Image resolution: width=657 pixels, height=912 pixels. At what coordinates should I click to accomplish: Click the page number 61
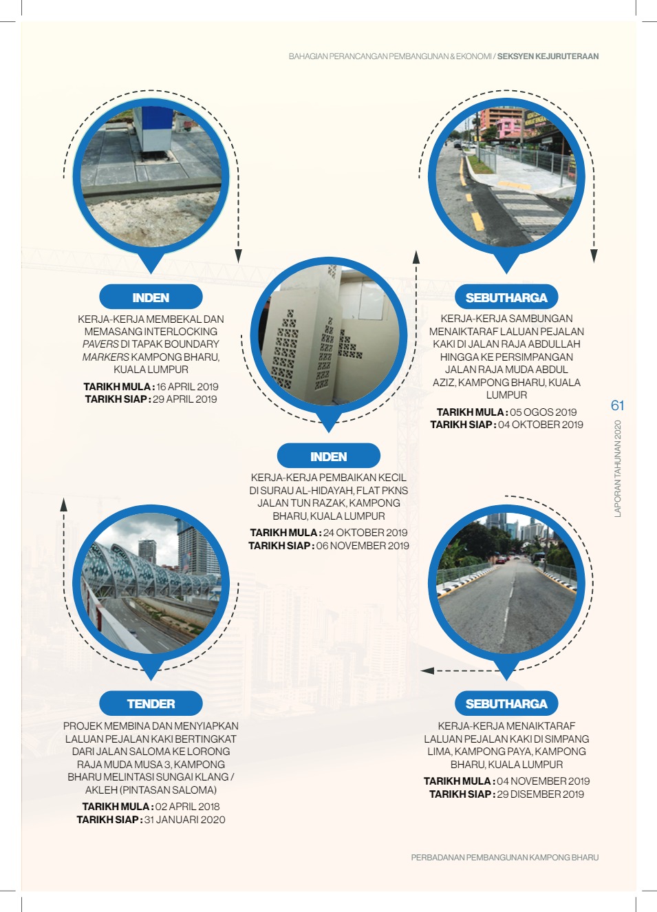coord(617,405)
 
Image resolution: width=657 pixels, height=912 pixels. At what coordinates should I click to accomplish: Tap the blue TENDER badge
coord(151,703)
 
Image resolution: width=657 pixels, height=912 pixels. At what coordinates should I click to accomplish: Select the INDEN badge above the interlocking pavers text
coord(151,297)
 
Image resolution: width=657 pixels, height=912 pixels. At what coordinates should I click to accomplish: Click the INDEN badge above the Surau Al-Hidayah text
coord(328,456)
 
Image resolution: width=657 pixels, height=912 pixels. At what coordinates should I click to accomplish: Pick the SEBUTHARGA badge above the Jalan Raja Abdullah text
coord(506,297)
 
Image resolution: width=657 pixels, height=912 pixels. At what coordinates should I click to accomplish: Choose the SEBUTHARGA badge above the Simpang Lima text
coord(506,703)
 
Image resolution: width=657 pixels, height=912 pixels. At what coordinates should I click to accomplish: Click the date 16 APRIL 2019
coord(187,386)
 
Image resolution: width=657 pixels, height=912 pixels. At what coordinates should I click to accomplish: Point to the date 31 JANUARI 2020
coord(184,819)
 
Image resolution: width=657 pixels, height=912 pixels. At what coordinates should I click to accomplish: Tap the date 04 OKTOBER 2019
coord(540,425)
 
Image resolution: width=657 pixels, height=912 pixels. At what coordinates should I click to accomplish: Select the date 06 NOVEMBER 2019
coord(363,546)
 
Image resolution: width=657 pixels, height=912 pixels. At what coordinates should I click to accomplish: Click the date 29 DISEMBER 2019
coord(540,794)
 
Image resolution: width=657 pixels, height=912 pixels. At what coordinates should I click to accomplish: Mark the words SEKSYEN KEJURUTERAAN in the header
coord(548,56)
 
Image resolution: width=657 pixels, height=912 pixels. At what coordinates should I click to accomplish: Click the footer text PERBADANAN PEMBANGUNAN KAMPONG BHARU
coord(504,858)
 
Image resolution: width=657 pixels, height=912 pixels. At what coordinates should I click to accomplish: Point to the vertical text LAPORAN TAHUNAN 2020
coord(618,469)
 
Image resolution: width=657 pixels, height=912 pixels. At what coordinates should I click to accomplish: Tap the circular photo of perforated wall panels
coord(328,335)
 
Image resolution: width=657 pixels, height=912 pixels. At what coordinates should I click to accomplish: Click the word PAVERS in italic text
coord(100,344)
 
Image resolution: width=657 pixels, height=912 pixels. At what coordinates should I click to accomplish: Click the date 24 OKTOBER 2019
coord(365,533)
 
